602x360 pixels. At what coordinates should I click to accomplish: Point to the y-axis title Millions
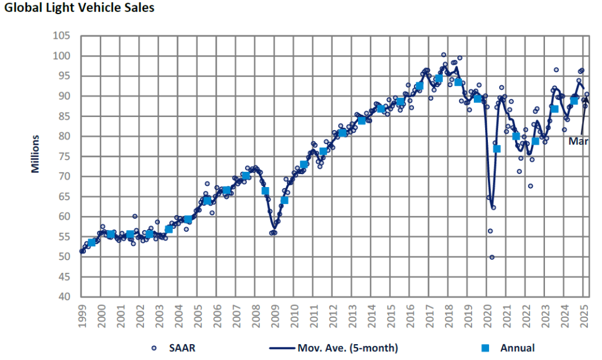(35, 154)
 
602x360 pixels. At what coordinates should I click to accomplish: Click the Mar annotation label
(578, 141)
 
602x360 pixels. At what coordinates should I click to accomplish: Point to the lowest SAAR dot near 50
(492, 257)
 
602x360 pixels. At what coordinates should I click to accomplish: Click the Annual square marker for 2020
(497, 148)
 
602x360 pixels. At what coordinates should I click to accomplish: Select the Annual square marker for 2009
(285, 200)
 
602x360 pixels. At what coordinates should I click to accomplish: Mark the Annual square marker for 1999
(92, 242)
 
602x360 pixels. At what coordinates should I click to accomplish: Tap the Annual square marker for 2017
(439, 78)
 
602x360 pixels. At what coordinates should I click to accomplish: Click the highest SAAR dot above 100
(444, 55)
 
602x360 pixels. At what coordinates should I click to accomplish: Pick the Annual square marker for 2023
(554, 109)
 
